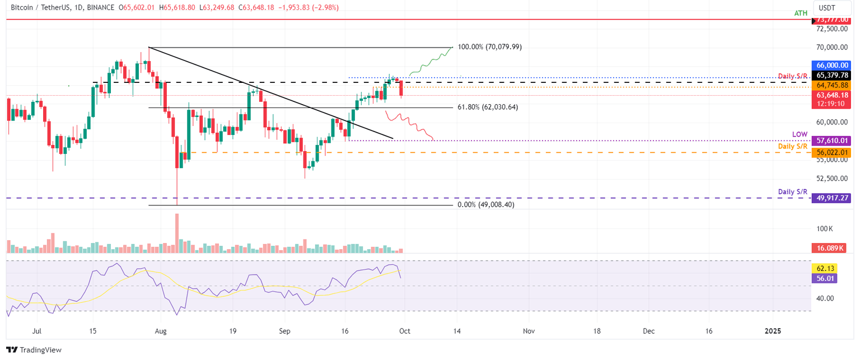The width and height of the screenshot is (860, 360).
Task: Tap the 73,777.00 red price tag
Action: coord(833,20)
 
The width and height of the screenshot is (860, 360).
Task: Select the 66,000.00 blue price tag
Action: coord(833,65)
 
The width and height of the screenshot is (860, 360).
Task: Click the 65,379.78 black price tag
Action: coord(833,75)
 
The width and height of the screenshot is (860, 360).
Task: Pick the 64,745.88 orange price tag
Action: coord(833,85)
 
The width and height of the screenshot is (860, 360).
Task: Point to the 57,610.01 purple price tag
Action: coord(833,141)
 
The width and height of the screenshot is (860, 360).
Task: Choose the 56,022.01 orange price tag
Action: coord(833,152)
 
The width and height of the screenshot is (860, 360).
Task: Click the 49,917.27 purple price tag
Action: coord(833,198)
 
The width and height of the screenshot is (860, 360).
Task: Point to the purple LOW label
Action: coord(799,134)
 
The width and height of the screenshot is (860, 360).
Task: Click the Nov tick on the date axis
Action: coord(529,331)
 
